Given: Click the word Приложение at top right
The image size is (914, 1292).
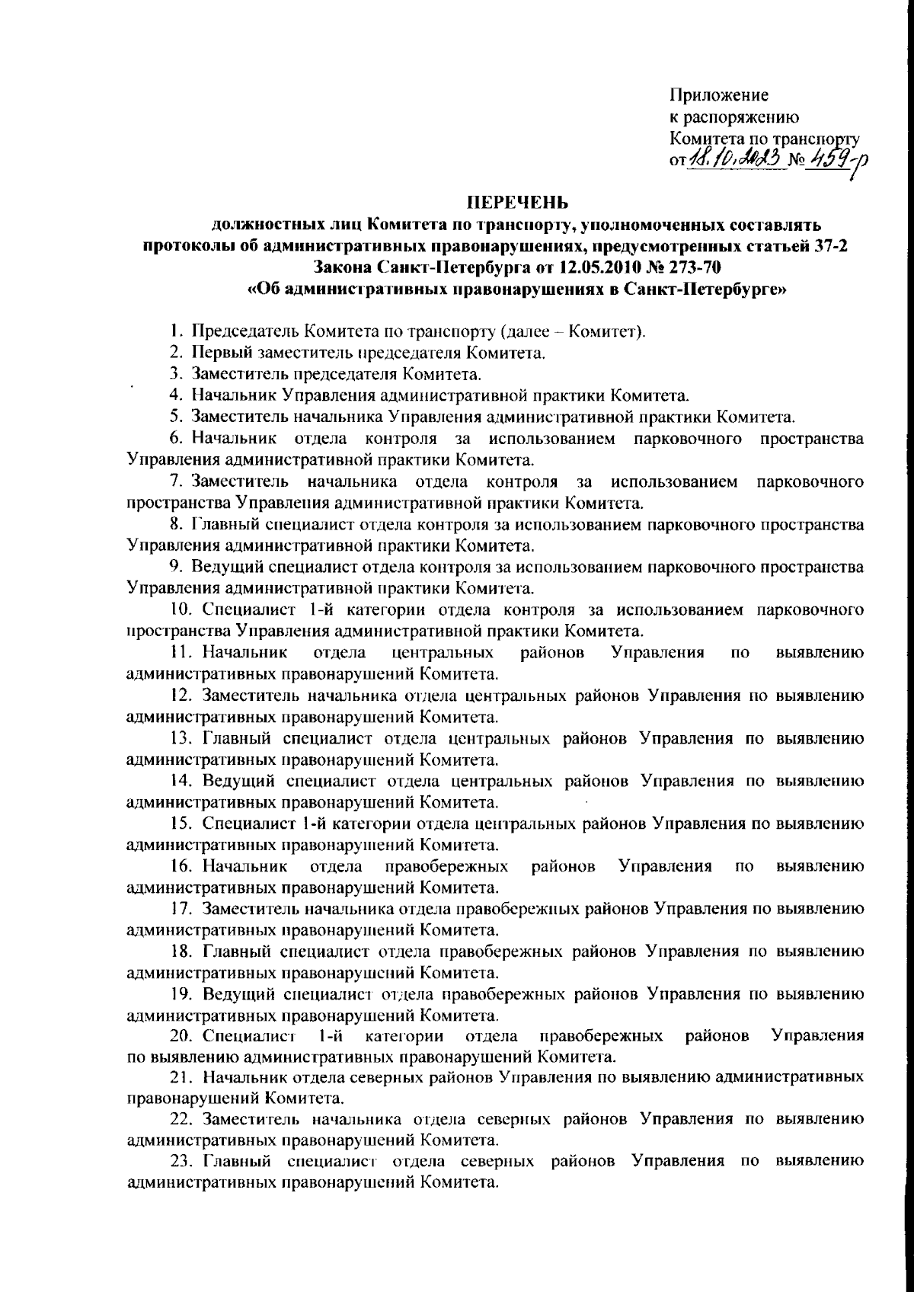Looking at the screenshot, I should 719,96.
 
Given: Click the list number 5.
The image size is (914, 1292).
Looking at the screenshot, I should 174,417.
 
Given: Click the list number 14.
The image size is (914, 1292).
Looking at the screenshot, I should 179,781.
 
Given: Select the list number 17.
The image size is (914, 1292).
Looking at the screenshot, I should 179,909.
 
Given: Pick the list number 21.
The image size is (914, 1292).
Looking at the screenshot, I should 179,1078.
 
